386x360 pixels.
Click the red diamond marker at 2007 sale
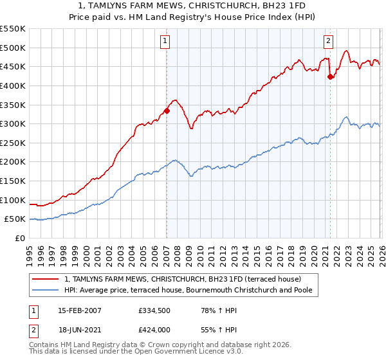click(167, 111)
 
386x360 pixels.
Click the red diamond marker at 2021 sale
click(330, 76)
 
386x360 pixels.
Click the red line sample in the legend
click(46, 279)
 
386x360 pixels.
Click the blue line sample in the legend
click(46, 291)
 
